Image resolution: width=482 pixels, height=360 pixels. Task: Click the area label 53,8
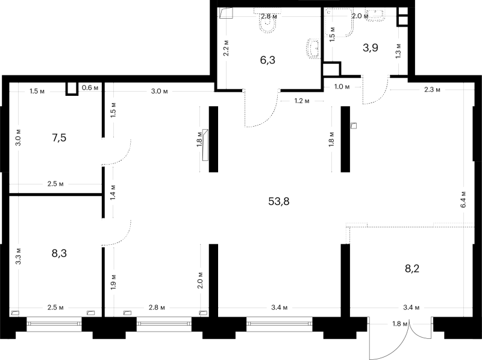279,201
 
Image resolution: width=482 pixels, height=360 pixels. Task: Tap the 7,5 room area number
59,137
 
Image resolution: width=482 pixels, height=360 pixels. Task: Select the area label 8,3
59,253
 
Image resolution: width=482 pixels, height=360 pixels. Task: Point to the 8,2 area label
412,268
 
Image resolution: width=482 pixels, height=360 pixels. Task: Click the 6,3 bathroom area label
268,60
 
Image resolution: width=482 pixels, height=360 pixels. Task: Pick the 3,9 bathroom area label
371,48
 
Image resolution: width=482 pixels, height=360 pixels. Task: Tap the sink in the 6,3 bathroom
313,48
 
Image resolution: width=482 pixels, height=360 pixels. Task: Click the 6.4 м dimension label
463,200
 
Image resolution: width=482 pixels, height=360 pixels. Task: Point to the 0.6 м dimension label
90,87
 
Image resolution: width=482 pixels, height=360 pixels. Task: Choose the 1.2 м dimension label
302,101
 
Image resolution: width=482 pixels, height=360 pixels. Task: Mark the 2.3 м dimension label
432,89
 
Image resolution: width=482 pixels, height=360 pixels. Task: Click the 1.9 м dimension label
113,282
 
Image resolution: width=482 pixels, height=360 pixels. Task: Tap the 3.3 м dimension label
18,256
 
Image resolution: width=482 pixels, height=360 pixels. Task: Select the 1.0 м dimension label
342,87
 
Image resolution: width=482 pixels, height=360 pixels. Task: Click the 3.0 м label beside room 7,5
18,137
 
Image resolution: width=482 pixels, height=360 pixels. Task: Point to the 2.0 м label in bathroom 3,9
360,16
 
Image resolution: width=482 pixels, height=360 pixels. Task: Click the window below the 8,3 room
54,324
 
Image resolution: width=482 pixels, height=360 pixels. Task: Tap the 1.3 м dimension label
398,51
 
